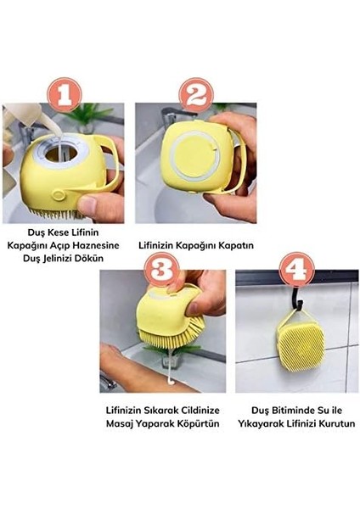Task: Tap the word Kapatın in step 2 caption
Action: [x=230, y=245]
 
